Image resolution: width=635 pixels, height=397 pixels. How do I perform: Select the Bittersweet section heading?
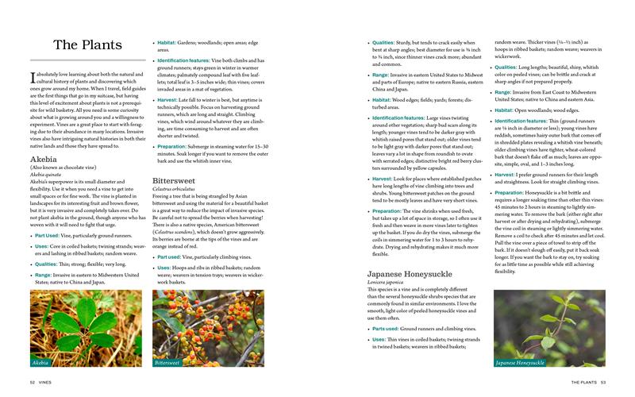(174, 180)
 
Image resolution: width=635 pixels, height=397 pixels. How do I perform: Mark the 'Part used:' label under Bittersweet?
(175, 256)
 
